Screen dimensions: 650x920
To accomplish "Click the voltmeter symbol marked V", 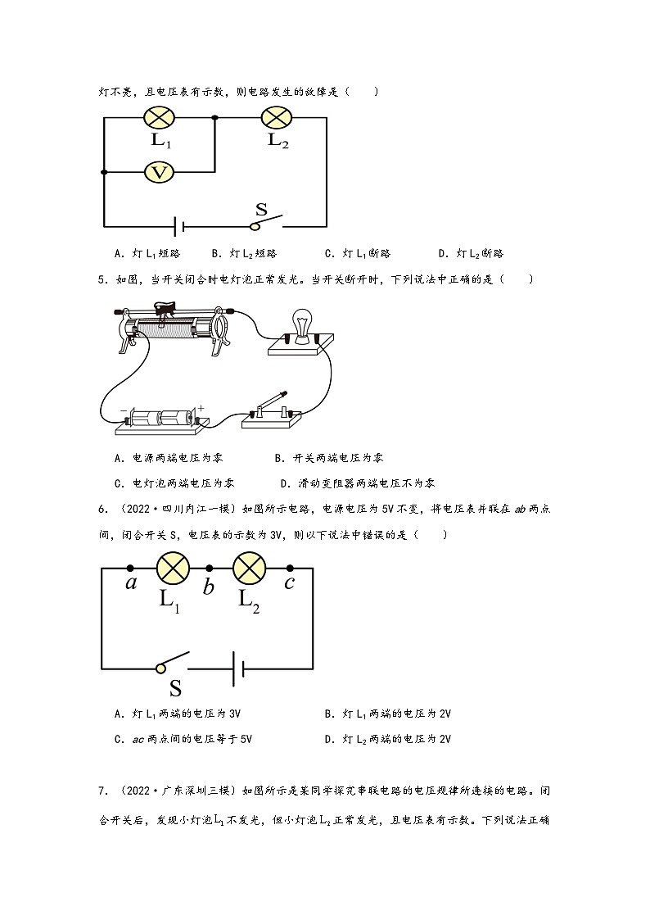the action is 160,172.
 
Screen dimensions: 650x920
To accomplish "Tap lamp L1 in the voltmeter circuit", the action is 160,117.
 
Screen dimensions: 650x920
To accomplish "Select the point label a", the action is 131,583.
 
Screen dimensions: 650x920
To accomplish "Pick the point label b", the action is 209,586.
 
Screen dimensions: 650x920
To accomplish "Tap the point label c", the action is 289,583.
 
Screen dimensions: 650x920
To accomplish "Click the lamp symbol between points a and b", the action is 173,569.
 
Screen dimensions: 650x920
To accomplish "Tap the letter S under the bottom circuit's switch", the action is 175,688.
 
